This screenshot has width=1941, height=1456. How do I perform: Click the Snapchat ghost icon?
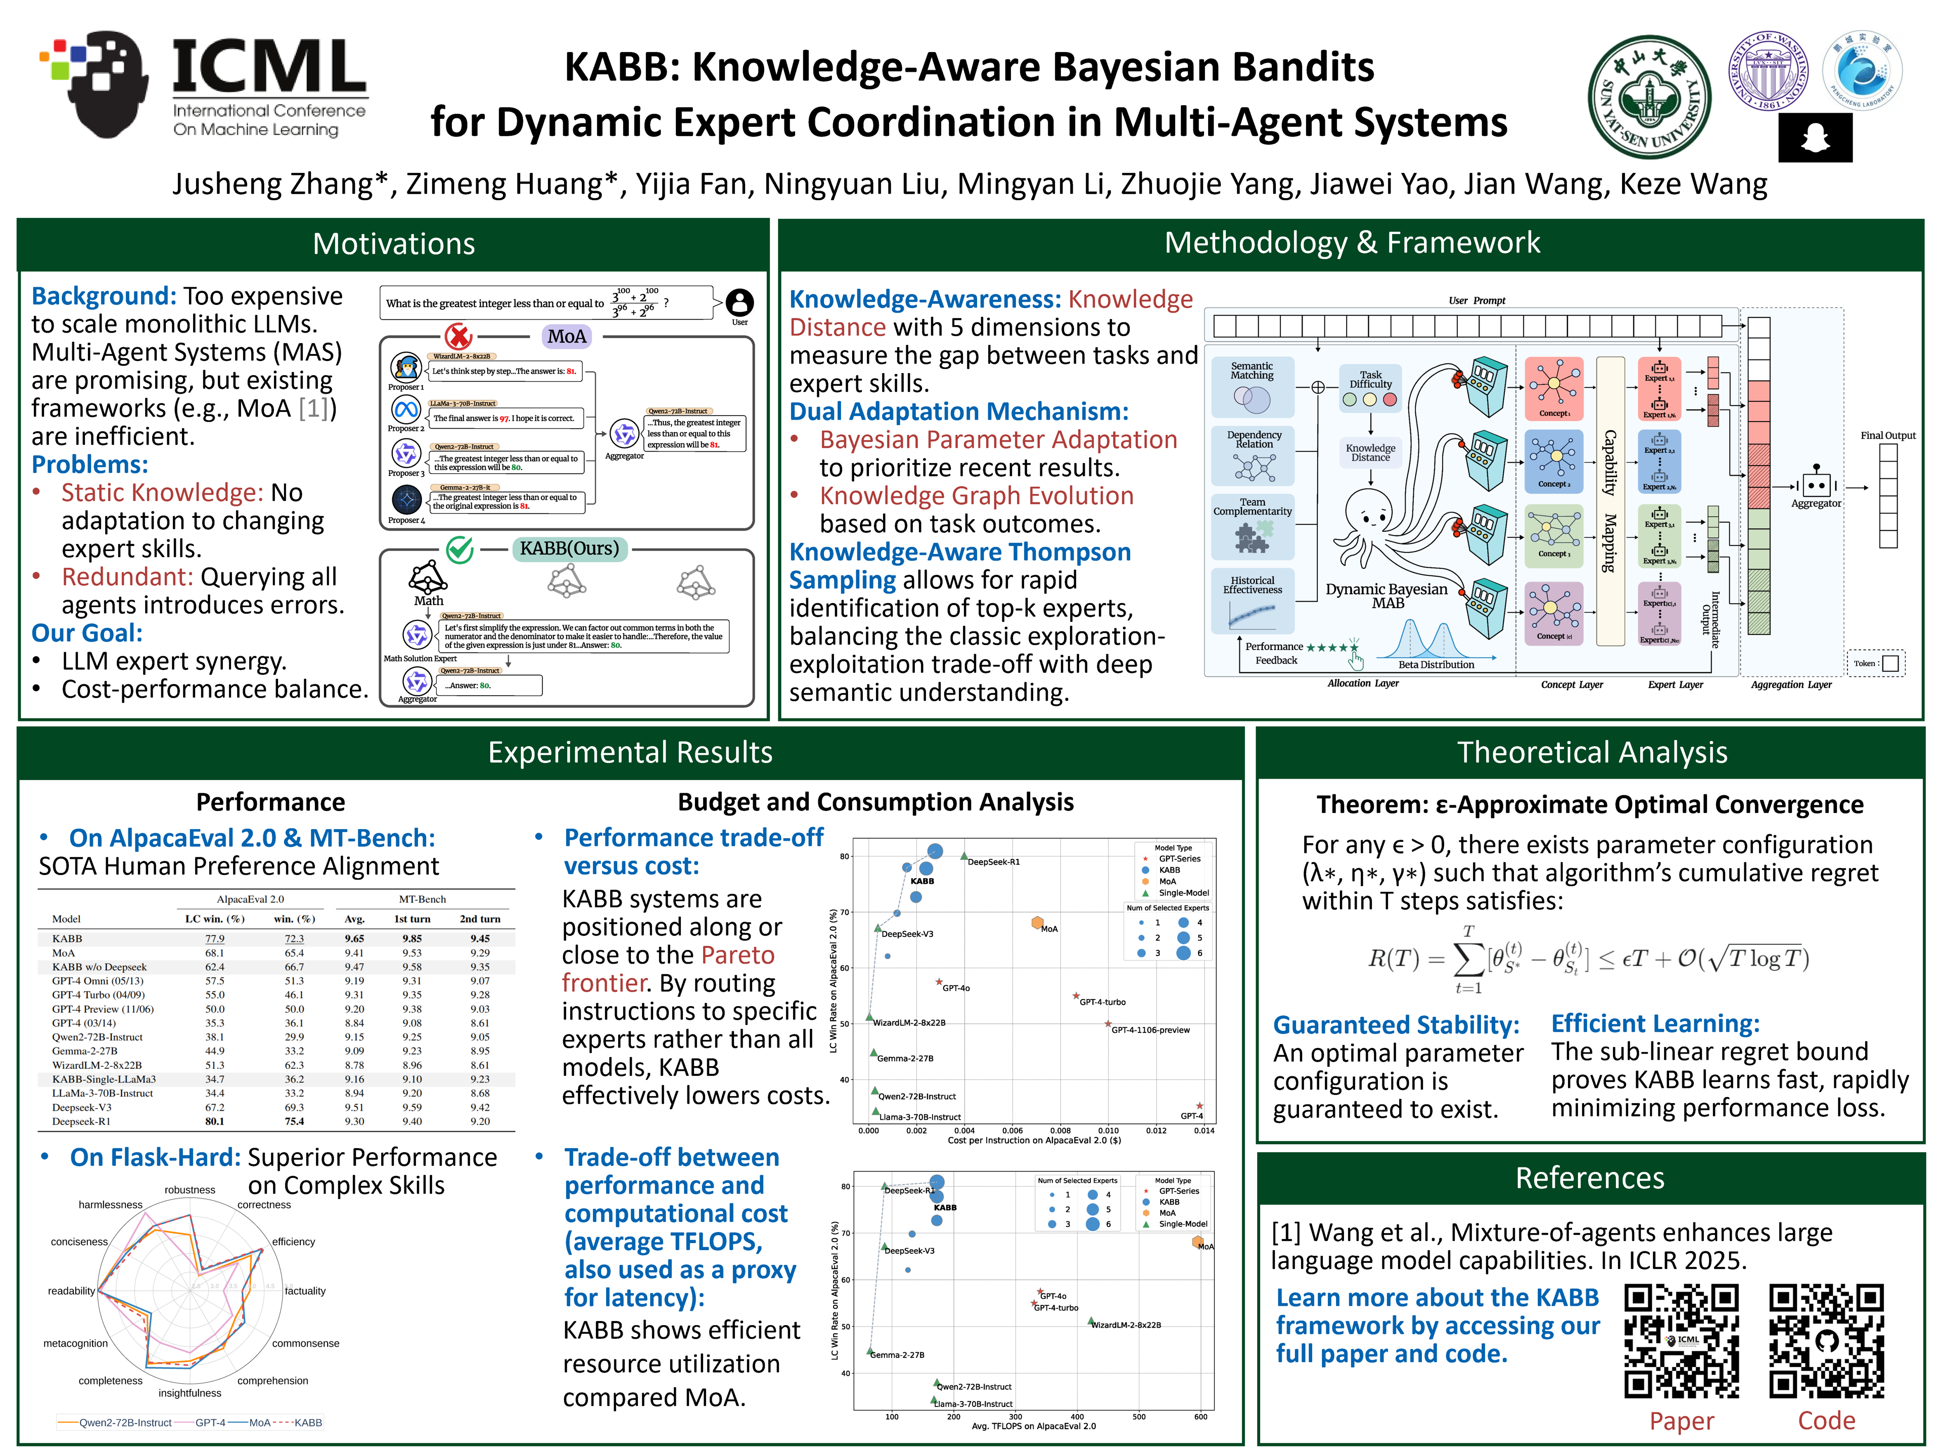tap(1815, 138)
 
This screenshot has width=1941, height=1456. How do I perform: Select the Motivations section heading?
tap(393, 244)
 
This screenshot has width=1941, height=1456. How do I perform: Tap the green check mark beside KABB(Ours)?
tap(460, 550)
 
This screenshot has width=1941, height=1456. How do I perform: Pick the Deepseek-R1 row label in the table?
tap(81, 1121)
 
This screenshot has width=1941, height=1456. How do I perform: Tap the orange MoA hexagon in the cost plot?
tap(1037, 923)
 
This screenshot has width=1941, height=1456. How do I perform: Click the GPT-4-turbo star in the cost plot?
tap(1076, 996)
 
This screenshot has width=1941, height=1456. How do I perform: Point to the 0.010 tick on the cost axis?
tap(1108, 1130)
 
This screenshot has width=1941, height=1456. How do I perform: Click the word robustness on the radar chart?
tap(190, 1190)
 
